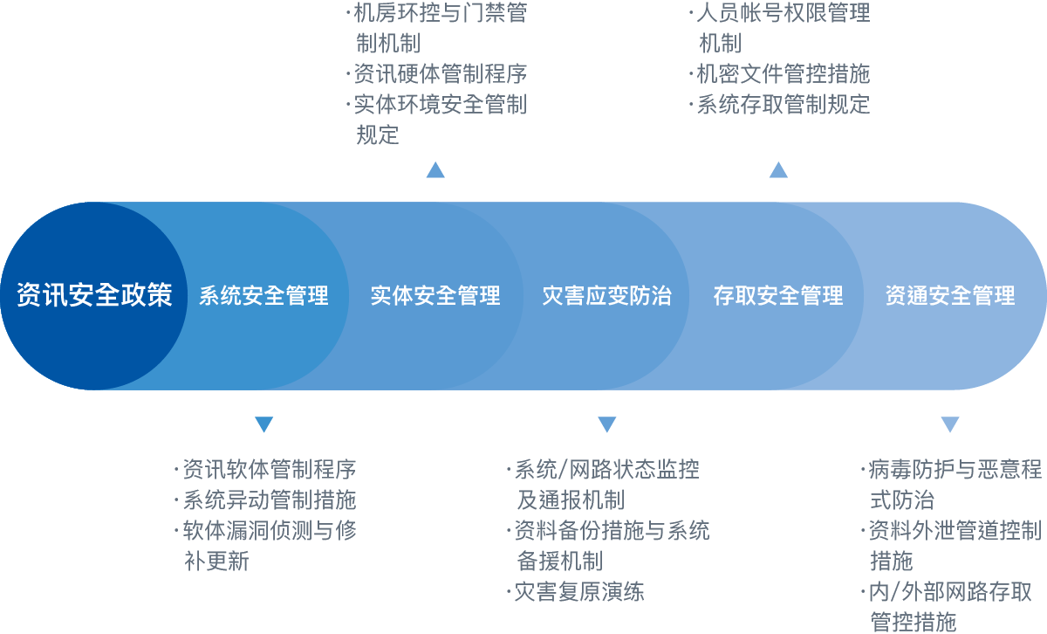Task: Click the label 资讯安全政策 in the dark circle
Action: coord(94,295)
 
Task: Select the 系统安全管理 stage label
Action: coord(264,296)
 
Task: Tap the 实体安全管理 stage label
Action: coord(435,296)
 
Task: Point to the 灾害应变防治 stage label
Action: coord(606,296)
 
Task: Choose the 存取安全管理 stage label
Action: coord(778,296)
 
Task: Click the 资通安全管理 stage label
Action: coord(950,296)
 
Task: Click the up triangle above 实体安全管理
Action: coord(435,169)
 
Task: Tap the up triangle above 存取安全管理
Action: coord(778,169)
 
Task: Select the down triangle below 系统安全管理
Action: coord(264,424)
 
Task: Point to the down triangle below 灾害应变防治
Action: coord(606,424)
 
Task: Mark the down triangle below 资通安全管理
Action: coord(950,424)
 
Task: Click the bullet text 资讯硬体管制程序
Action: coord(441,74)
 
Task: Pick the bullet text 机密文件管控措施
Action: coord(784,74)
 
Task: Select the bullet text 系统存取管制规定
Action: coord(784,104)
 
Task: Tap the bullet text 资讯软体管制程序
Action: coord(270,469)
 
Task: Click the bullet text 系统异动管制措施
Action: coord(270,500)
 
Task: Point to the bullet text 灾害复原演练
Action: coord(579,592)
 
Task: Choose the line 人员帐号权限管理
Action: coord(784,12)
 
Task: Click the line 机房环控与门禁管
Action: coord(441,12)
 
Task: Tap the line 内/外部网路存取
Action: coord(950,592)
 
